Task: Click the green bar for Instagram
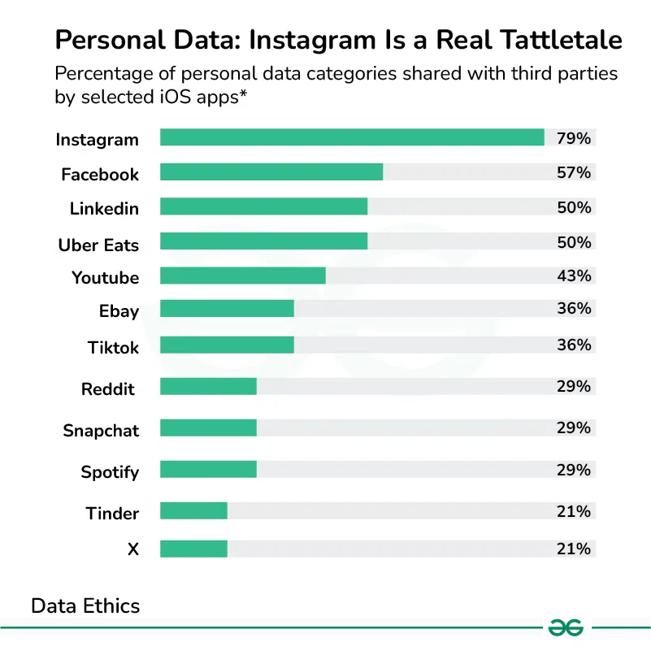point(352,137)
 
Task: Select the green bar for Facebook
point(271,172)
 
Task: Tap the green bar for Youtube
point(243,276)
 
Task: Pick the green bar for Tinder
point(193,511)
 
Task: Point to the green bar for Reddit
point(208,386)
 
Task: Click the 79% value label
point(574,138)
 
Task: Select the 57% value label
point(574,172)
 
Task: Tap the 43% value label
point(574,276)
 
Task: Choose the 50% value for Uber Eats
point(574,241)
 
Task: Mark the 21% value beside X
point(574,549)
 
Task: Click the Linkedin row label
point(104,209)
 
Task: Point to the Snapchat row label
point(101,431)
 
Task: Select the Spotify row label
point(110,472)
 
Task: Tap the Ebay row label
point(119,311)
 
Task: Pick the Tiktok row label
point(113,348)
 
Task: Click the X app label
point(133,549)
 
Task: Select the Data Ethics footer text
point(85,605)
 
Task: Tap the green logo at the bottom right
point(566,627)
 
